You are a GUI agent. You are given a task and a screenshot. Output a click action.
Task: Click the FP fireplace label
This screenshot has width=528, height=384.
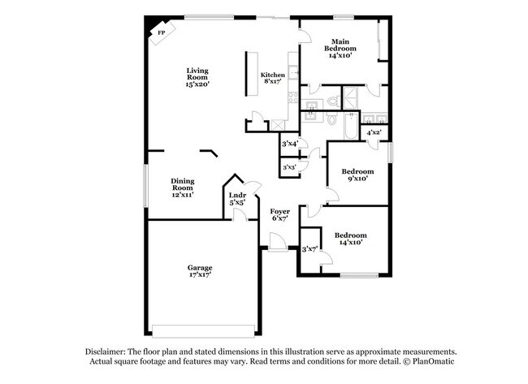(x=160, y=32)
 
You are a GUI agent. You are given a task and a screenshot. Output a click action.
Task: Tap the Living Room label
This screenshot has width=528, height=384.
(x=197, y=78)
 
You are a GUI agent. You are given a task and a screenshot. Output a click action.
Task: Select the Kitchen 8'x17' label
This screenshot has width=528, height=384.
(x=272, y=79)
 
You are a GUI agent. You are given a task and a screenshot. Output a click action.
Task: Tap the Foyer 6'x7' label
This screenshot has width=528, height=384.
(x=280, y=215)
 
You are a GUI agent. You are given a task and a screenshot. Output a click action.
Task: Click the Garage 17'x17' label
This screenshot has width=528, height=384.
(x=200, y=271)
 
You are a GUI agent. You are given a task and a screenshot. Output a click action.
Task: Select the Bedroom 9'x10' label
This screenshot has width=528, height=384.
(x=357, y=175)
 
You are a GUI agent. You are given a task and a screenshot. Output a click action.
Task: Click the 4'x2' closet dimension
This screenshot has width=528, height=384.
(x=374, y=132)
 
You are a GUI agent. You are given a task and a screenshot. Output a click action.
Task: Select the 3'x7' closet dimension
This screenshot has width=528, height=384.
(x=309, y=250)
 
